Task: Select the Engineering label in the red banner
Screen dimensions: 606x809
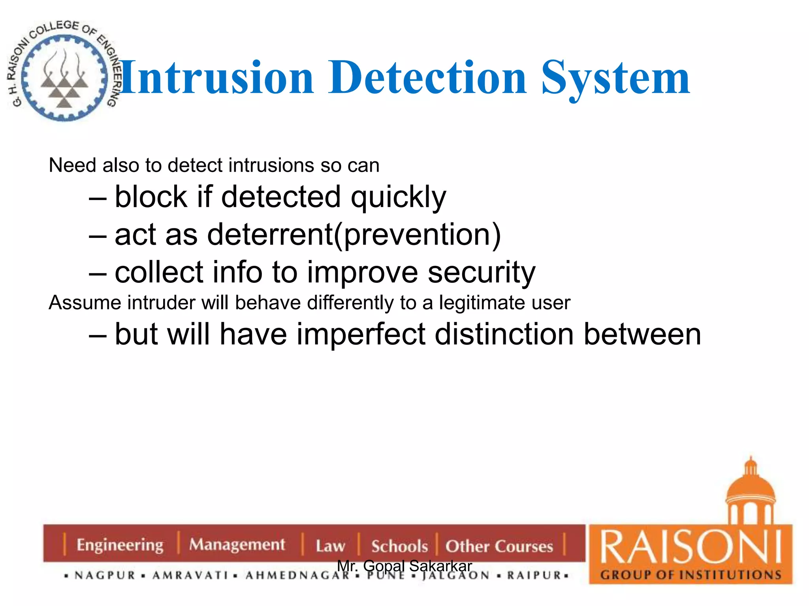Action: [120, 545]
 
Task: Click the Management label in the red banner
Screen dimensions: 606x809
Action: [237, 544]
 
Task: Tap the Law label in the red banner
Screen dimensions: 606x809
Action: [330, 546]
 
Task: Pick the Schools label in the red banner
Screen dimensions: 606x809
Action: [399, 546]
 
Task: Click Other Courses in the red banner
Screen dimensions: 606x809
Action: [499, 546]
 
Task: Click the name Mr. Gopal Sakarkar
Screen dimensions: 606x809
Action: [404, 566]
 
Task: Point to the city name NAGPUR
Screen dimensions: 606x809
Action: [105, 576]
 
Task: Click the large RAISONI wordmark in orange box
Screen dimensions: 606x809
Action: [690, 548]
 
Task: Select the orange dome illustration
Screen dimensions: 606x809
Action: [751, 493]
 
